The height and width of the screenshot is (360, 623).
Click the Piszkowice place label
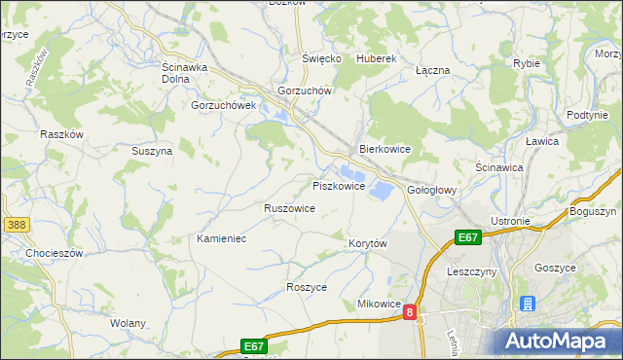tap(339, 186)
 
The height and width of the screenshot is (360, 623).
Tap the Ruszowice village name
tap(289, 208)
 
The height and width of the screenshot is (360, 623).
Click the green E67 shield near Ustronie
tap(468, 236)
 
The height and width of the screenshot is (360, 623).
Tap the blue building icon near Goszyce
tap(528, 304)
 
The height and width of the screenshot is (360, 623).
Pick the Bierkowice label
tap(385, 150)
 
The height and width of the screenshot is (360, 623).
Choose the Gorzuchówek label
tap(223, 105)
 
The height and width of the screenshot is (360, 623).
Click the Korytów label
tap(368, 243)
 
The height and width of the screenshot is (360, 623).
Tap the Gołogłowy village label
tap(432, 191)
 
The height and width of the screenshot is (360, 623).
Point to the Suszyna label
tap(152, 152)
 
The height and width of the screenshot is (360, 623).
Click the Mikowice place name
tap(380, 305)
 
